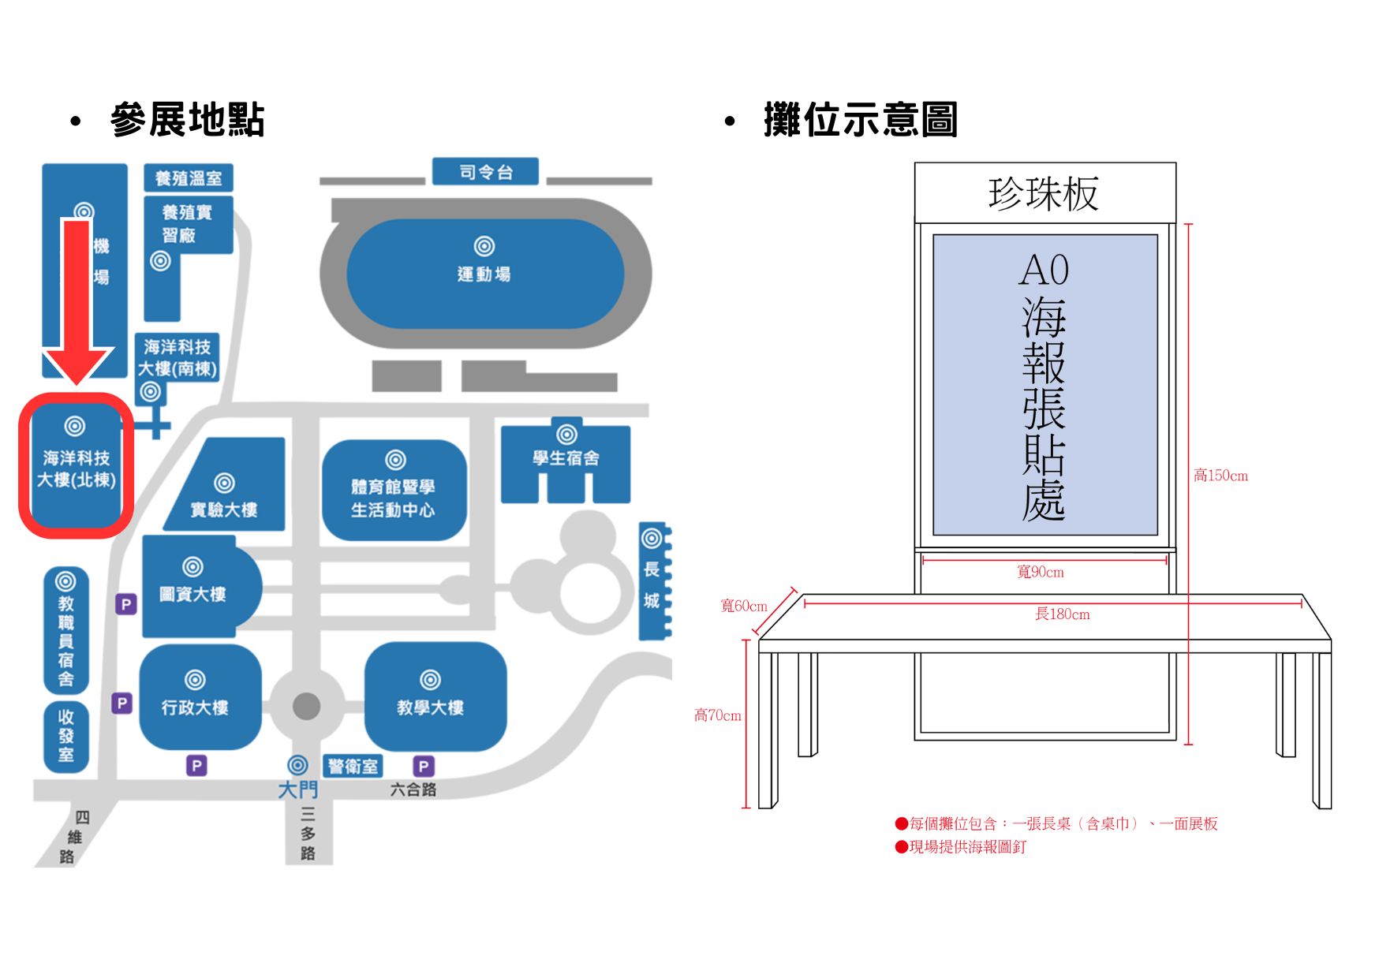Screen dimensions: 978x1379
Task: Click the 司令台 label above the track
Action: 485,172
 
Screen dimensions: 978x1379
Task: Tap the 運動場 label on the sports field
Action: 484,274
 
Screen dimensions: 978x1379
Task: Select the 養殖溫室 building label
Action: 188,178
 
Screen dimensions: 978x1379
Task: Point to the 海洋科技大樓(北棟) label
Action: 77,469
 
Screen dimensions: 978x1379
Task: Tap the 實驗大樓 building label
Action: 224,510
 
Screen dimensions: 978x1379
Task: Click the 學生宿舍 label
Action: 566,458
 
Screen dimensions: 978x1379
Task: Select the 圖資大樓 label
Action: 192,594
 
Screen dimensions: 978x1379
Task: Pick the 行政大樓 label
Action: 195,707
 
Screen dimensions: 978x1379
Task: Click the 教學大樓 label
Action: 430,707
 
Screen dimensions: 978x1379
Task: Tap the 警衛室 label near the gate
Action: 353,767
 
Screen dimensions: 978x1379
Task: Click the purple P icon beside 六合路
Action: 424,766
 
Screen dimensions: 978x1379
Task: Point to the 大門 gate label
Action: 298,789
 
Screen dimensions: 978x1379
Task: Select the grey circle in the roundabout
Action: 306,706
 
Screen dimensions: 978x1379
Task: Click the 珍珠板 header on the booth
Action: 1044,193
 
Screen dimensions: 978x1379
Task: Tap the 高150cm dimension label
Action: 1220,476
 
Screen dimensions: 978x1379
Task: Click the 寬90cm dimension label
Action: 1041,572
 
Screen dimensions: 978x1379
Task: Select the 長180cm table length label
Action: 1062,614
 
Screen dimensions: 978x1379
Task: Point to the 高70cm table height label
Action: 717,715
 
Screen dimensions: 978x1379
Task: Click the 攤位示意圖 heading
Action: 860,120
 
